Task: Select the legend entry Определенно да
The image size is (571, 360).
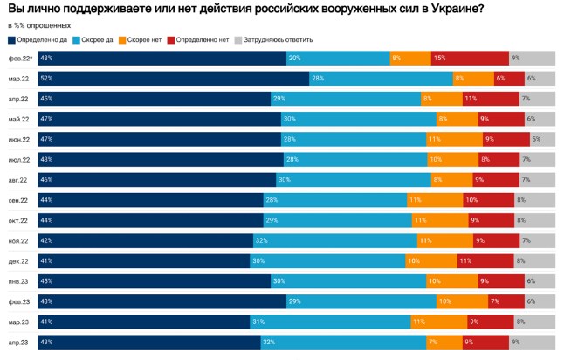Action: [x=39, y=40]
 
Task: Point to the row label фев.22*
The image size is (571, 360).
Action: [x=21, y=59]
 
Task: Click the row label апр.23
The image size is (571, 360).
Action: [x=19, y=342]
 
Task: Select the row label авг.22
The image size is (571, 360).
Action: [x=19, y=180]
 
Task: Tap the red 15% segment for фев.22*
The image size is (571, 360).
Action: [x=470, y=59]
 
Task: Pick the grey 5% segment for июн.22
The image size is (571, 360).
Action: [x=542, y=139]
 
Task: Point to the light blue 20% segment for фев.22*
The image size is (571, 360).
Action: [x=338, y=59]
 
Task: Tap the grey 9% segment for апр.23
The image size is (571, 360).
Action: [x=533, y=342]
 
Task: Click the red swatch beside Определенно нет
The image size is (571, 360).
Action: [x=171, y=40]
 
